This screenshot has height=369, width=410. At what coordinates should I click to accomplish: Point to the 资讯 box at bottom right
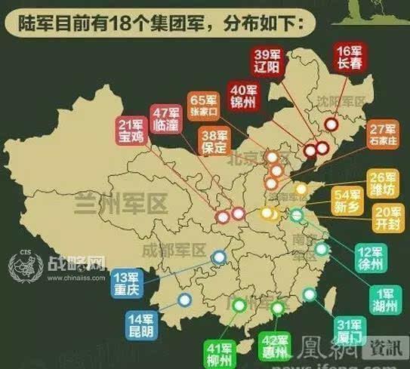(385, 347)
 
